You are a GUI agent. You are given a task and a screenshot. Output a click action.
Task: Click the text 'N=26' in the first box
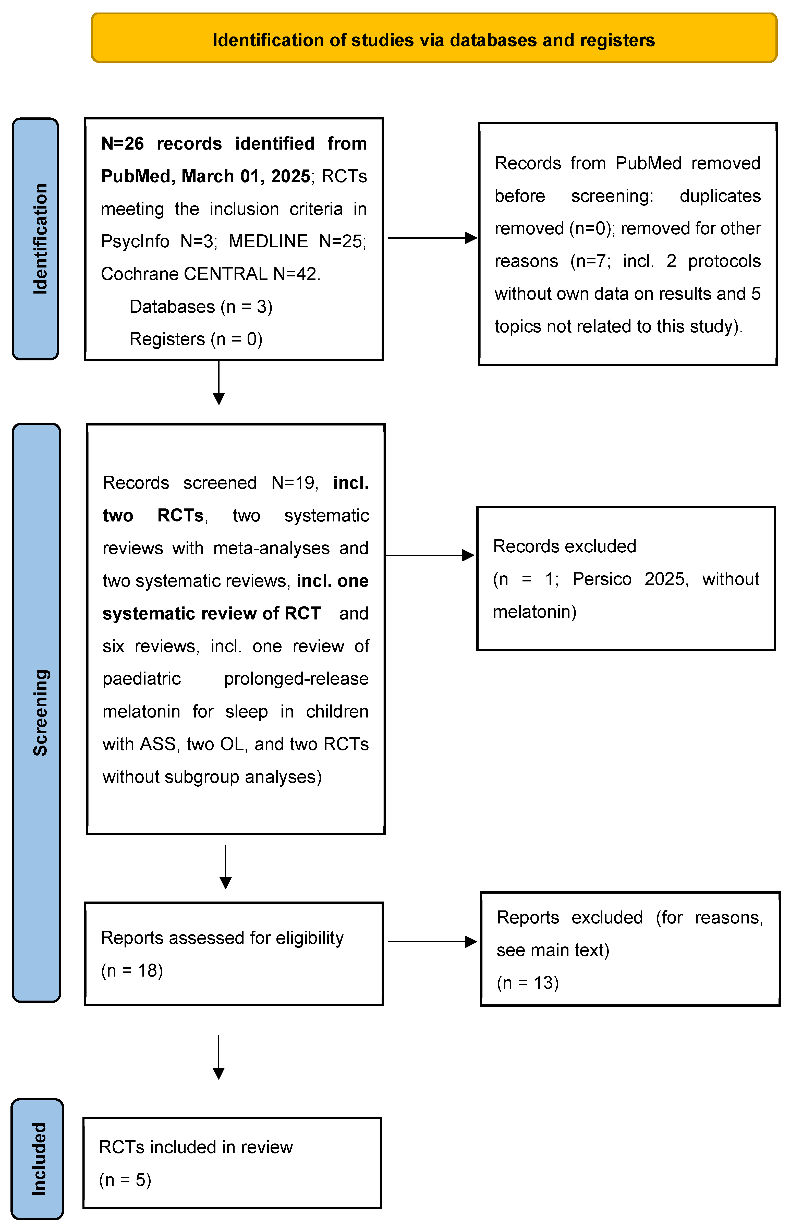(122, 144)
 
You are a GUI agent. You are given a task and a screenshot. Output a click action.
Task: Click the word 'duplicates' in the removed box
(720, 196)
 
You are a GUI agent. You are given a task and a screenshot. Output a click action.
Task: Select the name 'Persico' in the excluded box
(602, 579)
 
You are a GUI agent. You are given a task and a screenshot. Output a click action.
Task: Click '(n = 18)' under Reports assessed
(132, 970)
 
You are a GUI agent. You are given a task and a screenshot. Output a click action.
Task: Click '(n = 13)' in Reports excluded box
(528, 983)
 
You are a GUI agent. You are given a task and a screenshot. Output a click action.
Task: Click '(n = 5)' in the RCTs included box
(125, 1180)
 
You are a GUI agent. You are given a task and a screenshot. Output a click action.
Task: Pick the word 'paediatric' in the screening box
(142, 679)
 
